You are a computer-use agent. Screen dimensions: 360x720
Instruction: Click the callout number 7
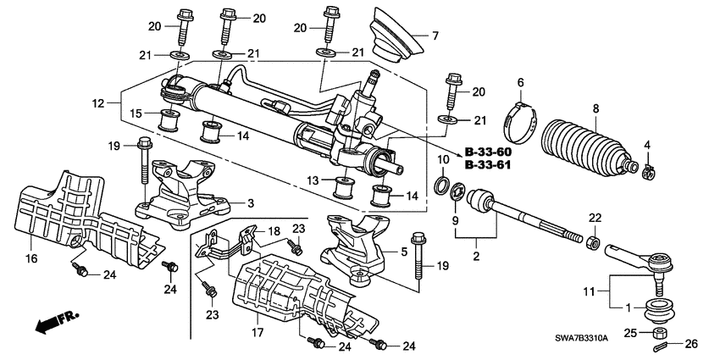coord(435,36)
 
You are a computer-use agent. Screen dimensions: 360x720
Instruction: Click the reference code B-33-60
coord(489,153)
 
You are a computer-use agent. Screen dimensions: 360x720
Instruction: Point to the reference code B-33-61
coord(489,166)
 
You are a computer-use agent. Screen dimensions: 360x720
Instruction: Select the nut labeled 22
coord(594,244)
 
